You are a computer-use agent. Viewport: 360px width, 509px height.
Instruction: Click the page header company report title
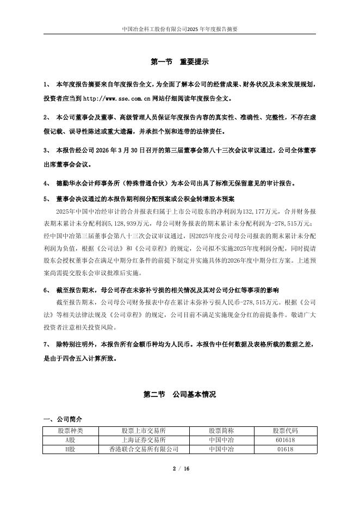(x=179, y=29)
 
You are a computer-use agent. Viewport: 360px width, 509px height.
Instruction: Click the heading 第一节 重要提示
(x=179, y=63)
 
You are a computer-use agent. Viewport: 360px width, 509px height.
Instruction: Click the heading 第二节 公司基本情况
(x=179, y=394)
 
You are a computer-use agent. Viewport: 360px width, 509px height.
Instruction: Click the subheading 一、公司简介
(x=63, y=419)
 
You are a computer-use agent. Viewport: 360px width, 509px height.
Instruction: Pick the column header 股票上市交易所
(x=144, y=430)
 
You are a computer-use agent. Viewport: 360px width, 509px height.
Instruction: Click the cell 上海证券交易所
(x=144, y=439)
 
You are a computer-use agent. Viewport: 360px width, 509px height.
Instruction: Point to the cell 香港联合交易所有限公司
(x=144, y=449)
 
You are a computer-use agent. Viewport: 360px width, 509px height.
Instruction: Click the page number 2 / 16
(x=180, y=469)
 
